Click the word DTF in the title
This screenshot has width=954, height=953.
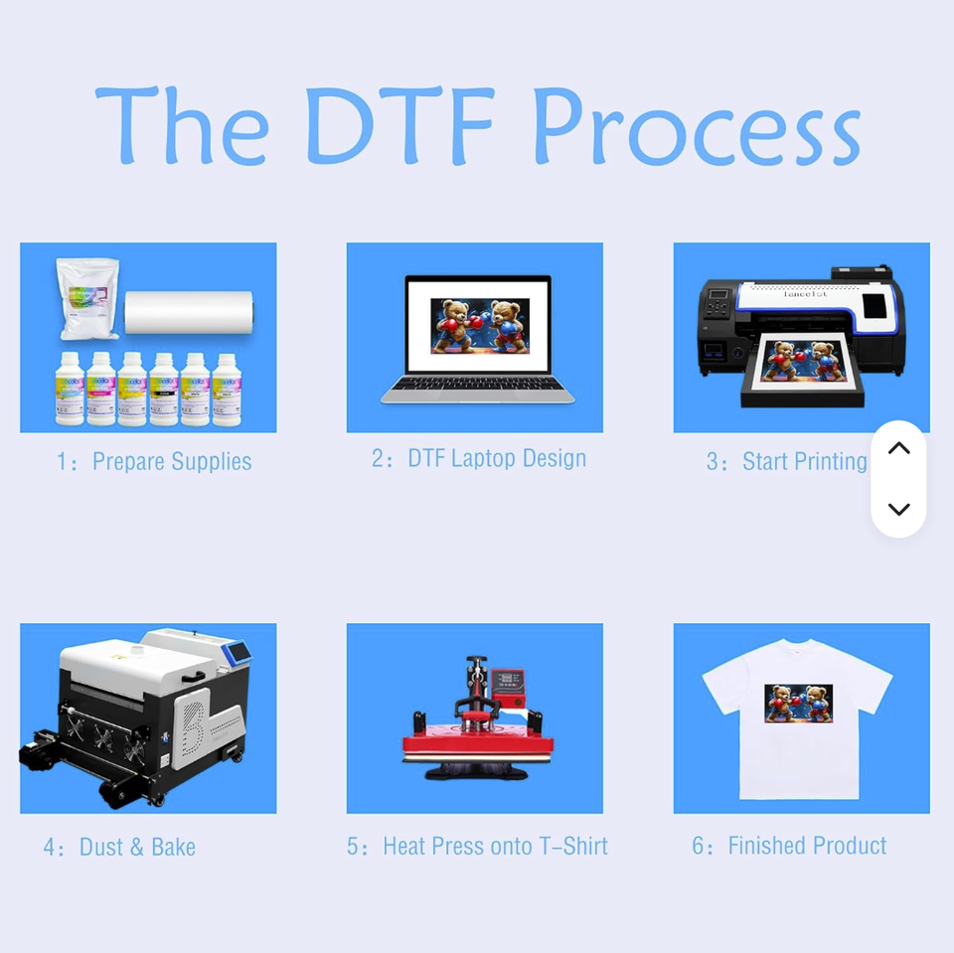[x=399, y=125]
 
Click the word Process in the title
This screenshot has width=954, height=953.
[x=698, y=126]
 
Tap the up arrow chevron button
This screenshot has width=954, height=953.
[x=898, y=448]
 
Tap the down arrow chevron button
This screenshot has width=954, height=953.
[x=898, y=509]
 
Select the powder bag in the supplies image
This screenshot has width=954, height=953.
[x=88, y=298]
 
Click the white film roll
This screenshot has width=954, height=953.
[x=189, y=312]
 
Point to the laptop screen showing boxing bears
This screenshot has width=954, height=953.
[x=479, y=326]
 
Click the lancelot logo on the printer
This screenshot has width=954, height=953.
[x=805, y=294]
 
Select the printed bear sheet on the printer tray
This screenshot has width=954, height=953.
[x=803, y=361]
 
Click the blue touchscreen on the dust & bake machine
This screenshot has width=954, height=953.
[x=238, y=652]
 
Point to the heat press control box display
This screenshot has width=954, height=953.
[x=509, y=680]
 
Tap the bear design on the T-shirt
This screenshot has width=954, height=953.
[x=799, y=703]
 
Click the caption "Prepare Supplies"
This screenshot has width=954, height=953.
[x=172, y=462]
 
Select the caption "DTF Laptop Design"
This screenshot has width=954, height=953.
[x=497, y=459]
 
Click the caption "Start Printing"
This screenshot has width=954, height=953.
[x=804, y=462]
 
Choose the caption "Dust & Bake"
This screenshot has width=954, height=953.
[x=137, y=847]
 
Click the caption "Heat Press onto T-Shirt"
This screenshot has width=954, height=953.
[x=495, y=846]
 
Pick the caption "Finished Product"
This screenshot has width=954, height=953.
[x=807, y=846]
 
